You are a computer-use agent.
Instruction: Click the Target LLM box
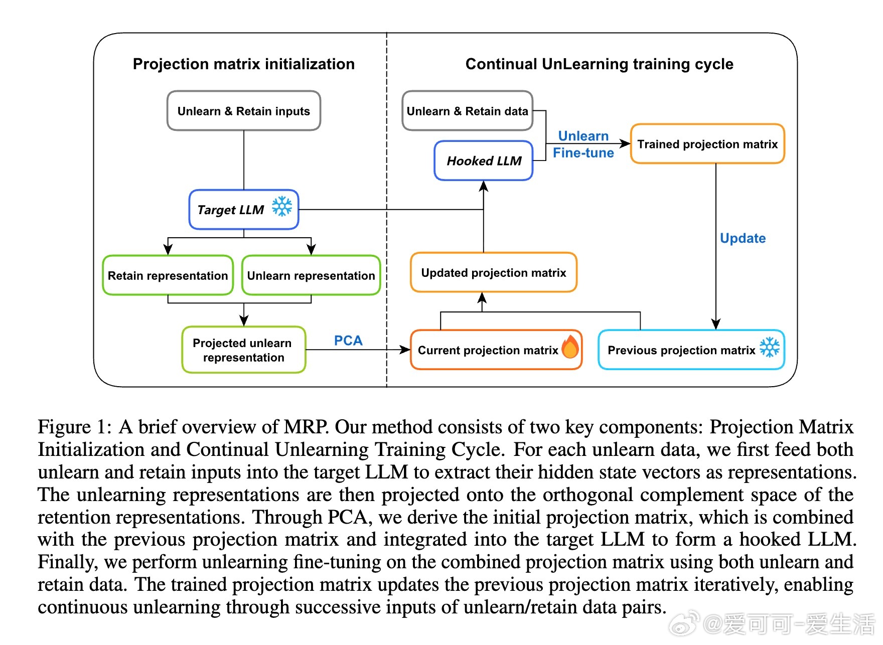(244, 210)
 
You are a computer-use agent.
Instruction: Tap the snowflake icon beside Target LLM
(282, 206)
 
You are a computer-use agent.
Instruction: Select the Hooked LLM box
(484, 160)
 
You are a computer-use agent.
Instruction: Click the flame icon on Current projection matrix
(570, 347)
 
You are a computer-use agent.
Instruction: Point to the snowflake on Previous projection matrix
(770, 347)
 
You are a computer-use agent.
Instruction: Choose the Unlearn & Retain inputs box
(244, 111)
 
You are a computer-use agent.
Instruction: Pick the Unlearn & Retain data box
(468, 111)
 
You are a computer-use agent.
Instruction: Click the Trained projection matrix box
(707, 144)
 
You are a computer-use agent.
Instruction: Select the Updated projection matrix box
(494, 272)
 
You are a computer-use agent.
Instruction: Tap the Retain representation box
(168, 275)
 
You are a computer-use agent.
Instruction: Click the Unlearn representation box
(311, 275)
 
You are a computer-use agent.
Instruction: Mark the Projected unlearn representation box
(244, 350)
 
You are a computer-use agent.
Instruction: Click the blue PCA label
(348, 341)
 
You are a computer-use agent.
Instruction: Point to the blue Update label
(743, 238)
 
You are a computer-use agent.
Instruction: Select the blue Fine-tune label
(583, 153)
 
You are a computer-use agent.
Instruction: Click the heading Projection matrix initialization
(244, 64)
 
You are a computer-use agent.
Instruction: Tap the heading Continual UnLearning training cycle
(600, 64)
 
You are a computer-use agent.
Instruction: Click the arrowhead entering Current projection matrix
(405, 350)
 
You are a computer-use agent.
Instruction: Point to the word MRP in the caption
(306, 427)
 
